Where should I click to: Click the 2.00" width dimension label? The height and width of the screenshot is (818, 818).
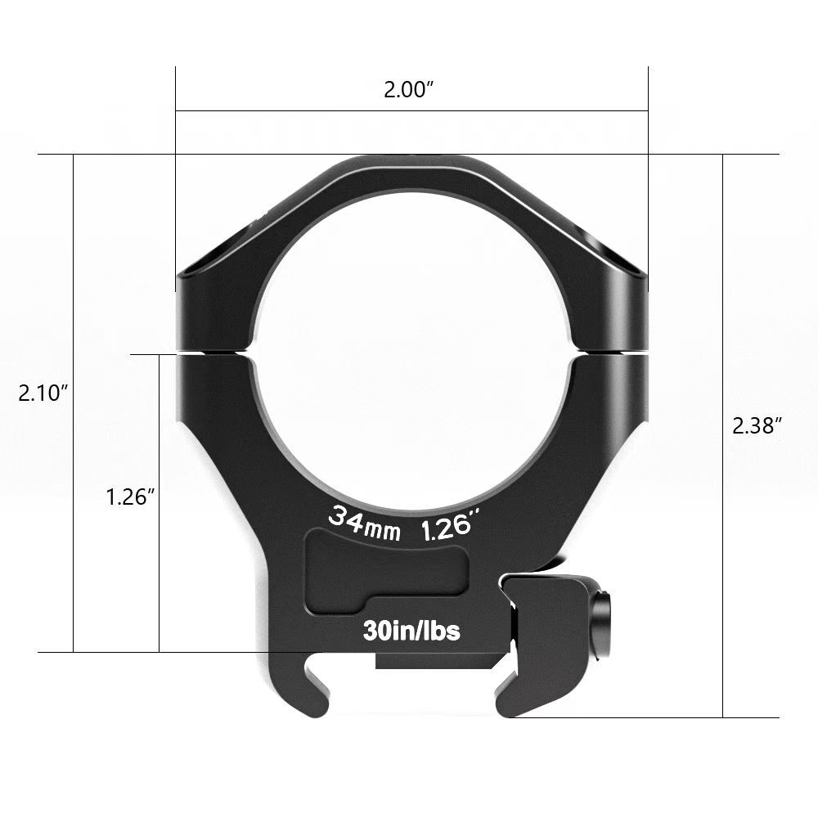408,90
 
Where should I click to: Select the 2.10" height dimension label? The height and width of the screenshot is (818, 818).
43,393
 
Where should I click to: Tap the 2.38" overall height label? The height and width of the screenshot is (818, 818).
757,425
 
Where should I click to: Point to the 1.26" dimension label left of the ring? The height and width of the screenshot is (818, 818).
130,497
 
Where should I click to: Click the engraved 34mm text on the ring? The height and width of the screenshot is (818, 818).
364,524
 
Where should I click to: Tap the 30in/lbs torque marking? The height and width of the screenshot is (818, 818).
411,631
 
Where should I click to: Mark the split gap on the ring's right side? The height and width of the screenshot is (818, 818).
610,353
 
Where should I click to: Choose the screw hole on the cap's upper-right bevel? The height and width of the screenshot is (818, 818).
597,241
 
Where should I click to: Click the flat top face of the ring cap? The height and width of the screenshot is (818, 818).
411,168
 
